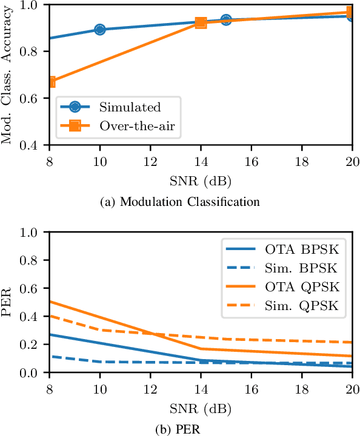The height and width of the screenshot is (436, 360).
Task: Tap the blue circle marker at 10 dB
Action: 99,30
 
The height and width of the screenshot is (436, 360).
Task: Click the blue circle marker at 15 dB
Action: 226,20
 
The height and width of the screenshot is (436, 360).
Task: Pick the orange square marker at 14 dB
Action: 201,22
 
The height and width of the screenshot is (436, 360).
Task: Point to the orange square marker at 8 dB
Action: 50,82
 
